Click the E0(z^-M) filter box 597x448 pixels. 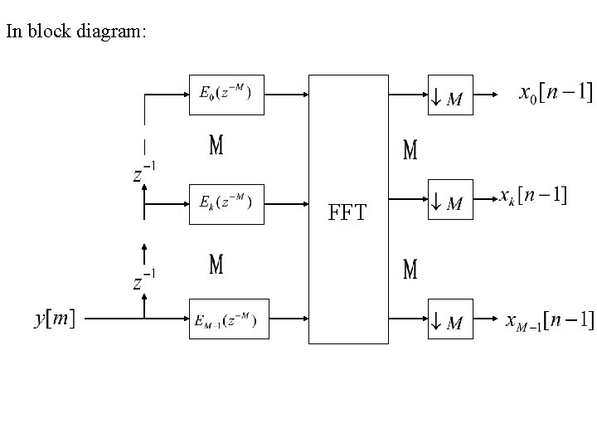226,94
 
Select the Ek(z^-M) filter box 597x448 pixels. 226,204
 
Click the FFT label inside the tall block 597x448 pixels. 348,214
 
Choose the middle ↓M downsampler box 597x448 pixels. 449,199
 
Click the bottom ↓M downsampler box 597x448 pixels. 449,319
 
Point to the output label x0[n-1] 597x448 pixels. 555,93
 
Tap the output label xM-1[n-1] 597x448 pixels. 550,319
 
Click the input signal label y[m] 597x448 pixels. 54,319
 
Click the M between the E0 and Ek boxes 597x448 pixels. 216,147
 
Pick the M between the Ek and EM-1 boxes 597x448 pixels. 216,265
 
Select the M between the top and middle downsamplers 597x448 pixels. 410,150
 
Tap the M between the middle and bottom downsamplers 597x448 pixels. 410,270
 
